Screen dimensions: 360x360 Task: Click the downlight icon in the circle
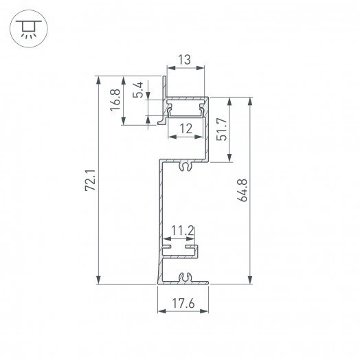[x=28, y=28]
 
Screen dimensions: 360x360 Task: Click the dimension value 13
[x=183, y=60]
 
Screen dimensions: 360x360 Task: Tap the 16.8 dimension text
[x=116, y=101]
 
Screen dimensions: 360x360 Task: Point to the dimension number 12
[x=185, y=128]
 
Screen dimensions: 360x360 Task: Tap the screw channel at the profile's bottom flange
[x=183, y=278]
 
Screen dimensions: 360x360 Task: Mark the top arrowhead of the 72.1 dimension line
[x=100, y=80]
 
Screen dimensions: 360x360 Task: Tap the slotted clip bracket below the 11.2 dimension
[x=180, y=249]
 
